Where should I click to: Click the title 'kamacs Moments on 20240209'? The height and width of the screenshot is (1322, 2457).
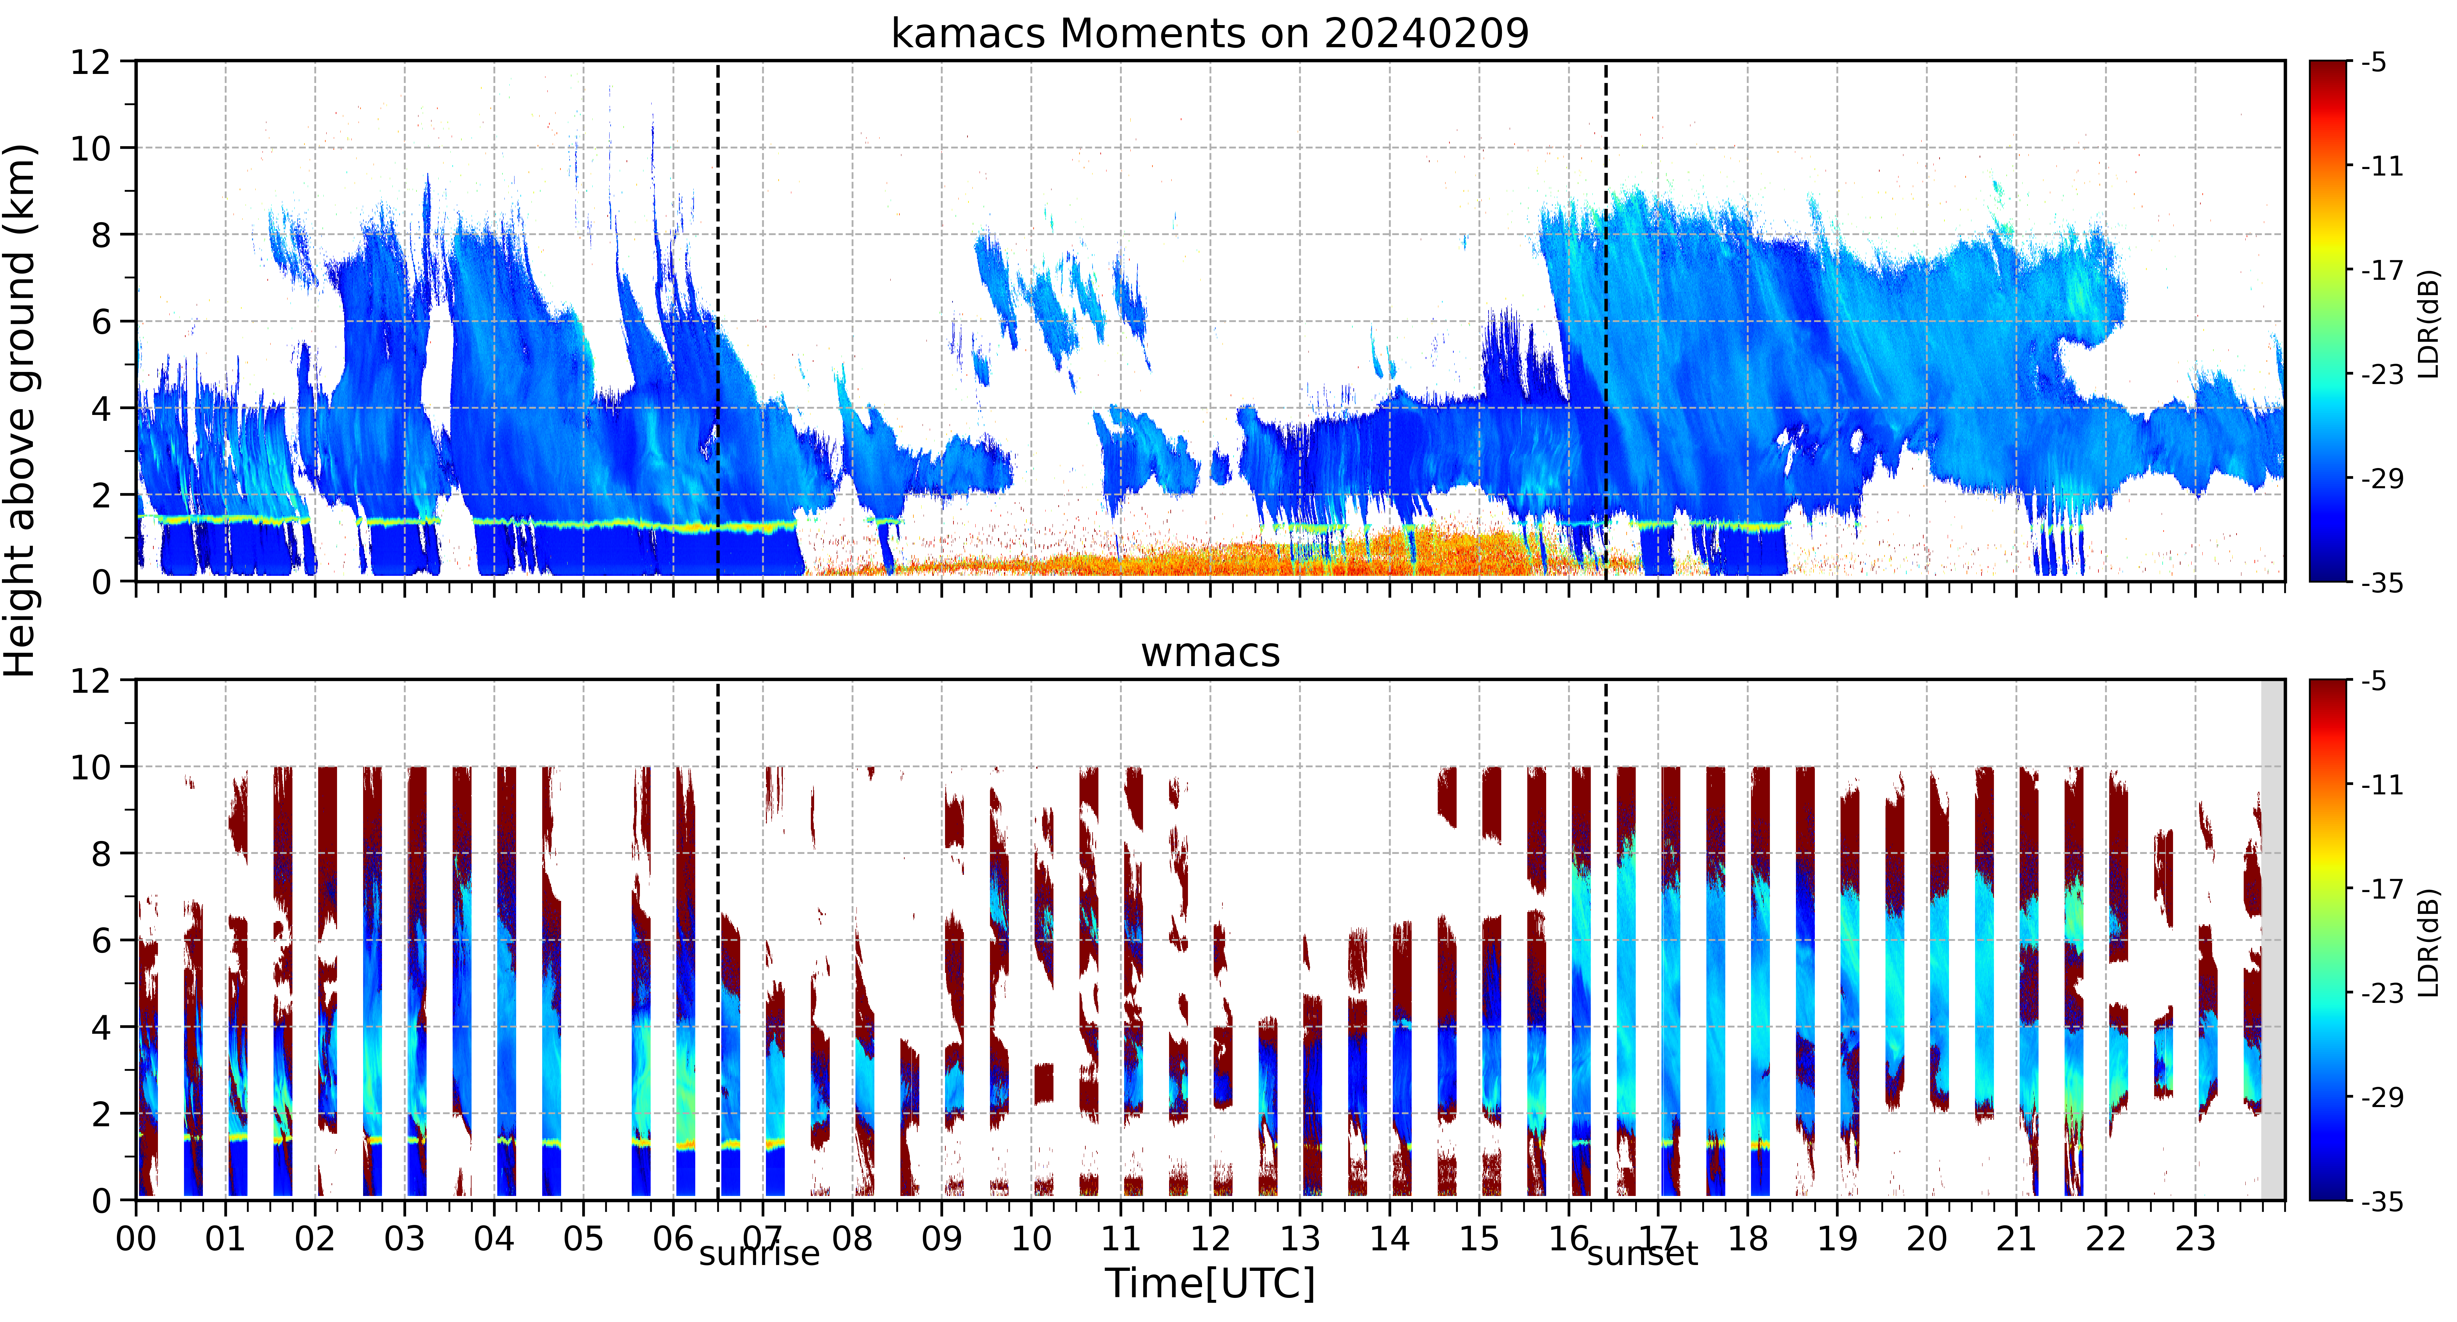click(1209, 33)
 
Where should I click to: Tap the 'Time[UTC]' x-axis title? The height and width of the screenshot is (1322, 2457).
click(1209, 1284)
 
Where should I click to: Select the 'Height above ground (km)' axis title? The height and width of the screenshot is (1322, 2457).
click(21, 410)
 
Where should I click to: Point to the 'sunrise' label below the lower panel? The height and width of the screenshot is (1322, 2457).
click(759, 1253)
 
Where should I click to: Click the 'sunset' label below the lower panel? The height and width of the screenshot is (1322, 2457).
click(1643, 1253)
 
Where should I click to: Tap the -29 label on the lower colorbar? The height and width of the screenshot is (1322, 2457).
click(2382, 1097)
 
